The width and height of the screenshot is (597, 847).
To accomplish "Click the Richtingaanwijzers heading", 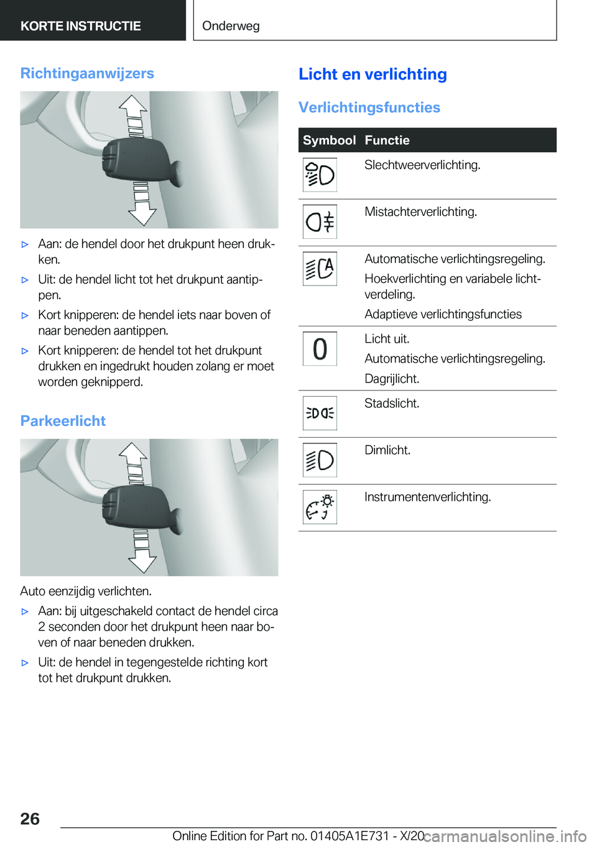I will [87, 73].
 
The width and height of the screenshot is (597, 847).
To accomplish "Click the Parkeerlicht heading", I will [63, 421].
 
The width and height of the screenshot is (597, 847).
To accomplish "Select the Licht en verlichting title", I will [373, 74].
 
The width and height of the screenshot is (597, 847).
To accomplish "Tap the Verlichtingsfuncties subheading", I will [369, 108].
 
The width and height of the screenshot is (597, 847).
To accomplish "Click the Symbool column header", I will [329, 141].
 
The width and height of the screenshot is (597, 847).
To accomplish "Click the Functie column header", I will [387, 141].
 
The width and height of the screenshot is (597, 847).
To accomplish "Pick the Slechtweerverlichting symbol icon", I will [320, 175].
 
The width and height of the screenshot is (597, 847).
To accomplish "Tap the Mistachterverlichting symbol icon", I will [320, 221].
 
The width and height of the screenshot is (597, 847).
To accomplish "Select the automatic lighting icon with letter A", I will [320, 269].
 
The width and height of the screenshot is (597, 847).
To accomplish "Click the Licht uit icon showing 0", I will [320, 349].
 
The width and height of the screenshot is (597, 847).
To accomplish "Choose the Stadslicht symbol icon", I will [320, 413].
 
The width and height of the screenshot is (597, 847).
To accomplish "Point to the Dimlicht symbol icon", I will [320, 460].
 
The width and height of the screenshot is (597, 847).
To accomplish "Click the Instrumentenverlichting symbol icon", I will [320, 507].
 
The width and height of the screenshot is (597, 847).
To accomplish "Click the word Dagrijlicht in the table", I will [392, 379].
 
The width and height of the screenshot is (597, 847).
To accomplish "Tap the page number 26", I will [30, 819].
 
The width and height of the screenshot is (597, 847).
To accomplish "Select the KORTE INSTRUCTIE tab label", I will [81, 26].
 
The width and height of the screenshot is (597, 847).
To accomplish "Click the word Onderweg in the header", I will [231, 26].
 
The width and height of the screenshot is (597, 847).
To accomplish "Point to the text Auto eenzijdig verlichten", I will [86, 591].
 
